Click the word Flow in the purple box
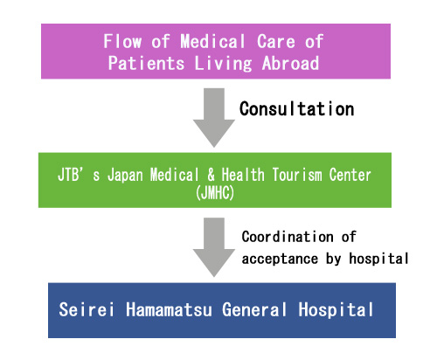coord(122,41)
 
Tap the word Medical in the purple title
coord(212,41)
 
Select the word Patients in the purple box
coord(146,63)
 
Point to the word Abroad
coord(290,63)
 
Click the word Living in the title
coord(223,64)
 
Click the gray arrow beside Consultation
coord(214,118)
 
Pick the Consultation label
coord(297,109)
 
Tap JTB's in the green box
coord(79,175)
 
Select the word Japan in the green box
coord(125,176)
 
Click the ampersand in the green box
coord(212,175)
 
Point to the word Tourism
coord(297,175)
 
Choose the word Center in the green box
coord(350,175)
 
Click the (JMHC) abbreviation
coord(215,193)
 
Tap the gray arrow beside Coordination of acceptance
coord(214,247)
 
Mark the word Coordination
coord(288,237)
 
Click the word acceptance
coord(280,259)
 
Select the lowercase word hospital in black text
coord(378,259)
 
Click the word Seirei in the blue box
coord(87,309)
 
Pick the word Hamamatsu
coord(169,309)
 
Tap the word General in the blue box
coord(254,309)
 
